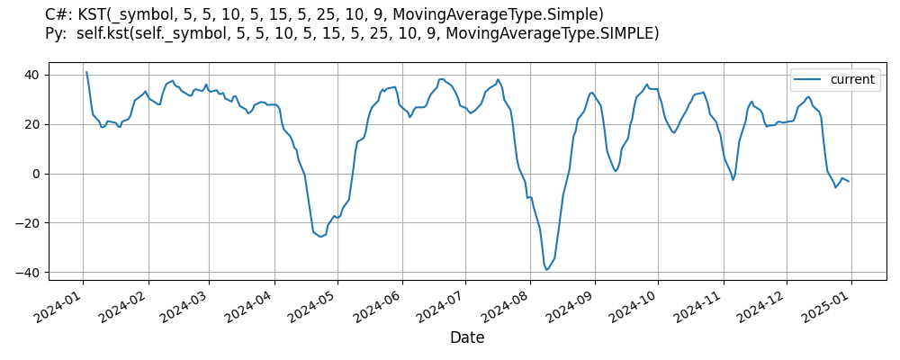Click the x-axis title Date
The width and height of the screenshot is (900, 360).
pos(467,338)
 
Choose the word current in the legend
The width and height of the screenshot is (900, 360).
pos(851,80)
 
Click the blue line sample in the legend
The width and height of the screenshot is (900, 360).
pos(808,80)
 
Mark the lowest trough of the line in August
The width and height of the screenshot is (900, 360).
pos(545,270)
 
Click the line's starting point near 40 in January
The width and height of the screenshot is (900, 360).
pos(86,72)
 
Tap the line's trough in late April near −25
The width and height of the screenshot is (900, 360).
pos(320,237)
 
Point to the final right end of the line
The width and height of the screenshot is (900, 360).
pos(849,182)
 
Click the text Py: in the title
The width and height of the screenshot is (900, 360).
pos(58,34)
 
